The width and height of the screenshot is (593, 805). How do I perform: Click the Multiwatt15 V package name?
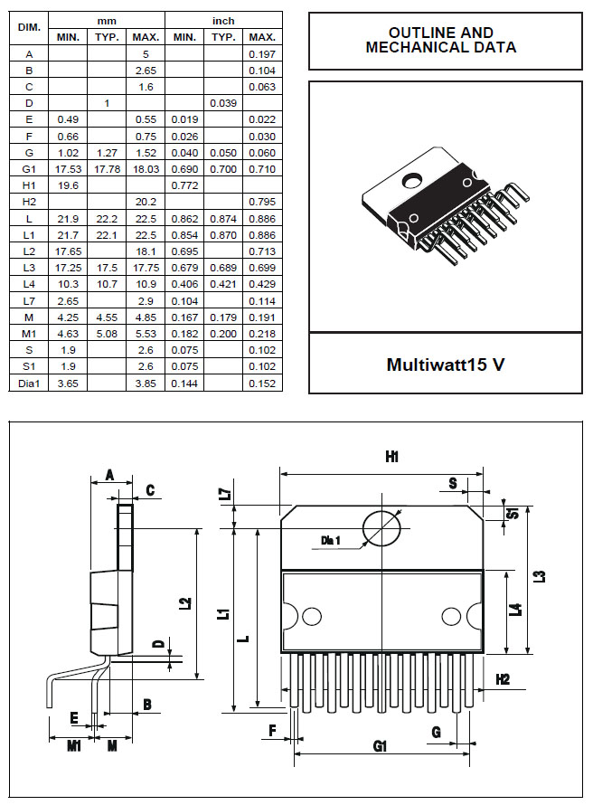click(x=446, y=365)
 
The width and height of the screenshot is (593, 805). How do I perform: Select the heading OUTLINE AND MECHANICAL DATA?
click(x=441, y=40)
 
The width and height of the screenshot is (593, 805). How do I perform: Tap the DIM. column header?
click(x=29, y=28)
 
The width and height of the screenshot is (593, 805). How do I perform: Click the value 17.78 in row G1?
click(x=107, y=169)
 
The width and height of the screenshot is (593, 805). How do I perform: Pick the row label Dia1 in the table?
click(x=29, y=383)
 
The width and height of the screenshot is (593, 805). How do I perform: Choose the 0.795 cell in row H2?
click(x=262, y=202)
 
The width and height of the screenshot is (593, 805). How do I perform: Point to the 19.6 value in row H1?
click(x=68, y=185)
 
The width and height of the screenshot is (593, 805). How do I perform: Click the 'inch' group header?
click(x=223, y=21)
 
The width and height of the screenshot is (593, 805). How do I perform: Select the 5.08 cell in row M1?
click(x=107, y=334)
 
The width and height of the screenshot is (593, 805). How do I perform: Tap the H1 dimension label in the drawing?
click(x=392, y=457)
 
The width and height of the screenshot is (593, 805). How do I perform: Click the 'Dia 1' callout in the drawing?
click(x=330, y=540)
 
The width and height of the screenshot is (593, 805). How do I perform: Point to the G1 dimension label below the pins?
click(x=380, y=745)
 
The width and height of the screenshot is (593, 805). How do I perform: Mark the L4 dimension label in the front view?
click(x=518, y=610)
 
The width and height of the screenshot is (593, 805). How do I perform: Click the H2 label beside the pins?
click(x=503, y=679)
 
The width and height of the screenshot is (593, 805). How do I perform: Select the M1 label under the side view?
click(x=74, y=745)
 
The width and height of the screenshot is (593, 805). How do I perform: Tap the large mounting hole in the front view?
click(x=381, y=529)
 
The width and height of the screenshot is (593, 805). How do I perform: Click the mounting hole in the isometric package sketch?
click(x=411, y=180)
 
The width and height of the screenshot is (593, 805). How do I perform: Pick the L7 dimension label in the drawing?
click(x=226, y=495)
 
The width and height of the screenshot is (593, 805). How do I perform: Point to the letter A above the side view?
click(x=109, y=476)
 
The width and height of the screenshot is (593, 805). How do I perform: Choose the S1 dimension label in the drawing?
click(x=513, y=512)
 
